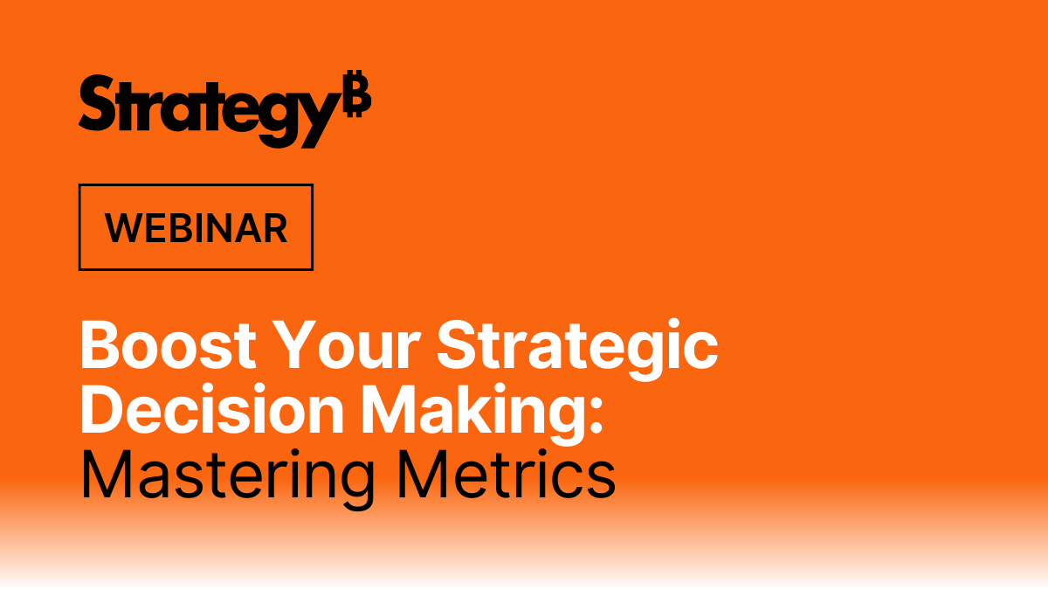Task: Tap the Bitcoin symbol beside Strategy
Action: (356, 95)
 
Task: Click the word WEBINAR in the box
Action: (196, 228)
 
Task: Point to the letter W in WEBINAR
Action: (121, 228)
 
